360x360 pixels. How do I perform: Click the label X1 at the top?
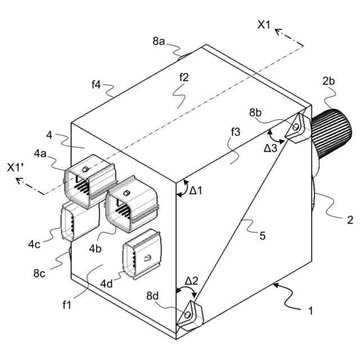point(264,25)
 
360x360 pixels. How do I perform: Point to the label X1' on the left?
point(15,168)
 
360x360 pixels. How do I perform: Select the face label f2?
point(183,78)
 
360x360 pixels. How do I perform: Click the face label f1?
point(68,304)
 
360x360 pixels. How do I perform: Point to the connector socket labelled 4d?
point(142,254)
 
